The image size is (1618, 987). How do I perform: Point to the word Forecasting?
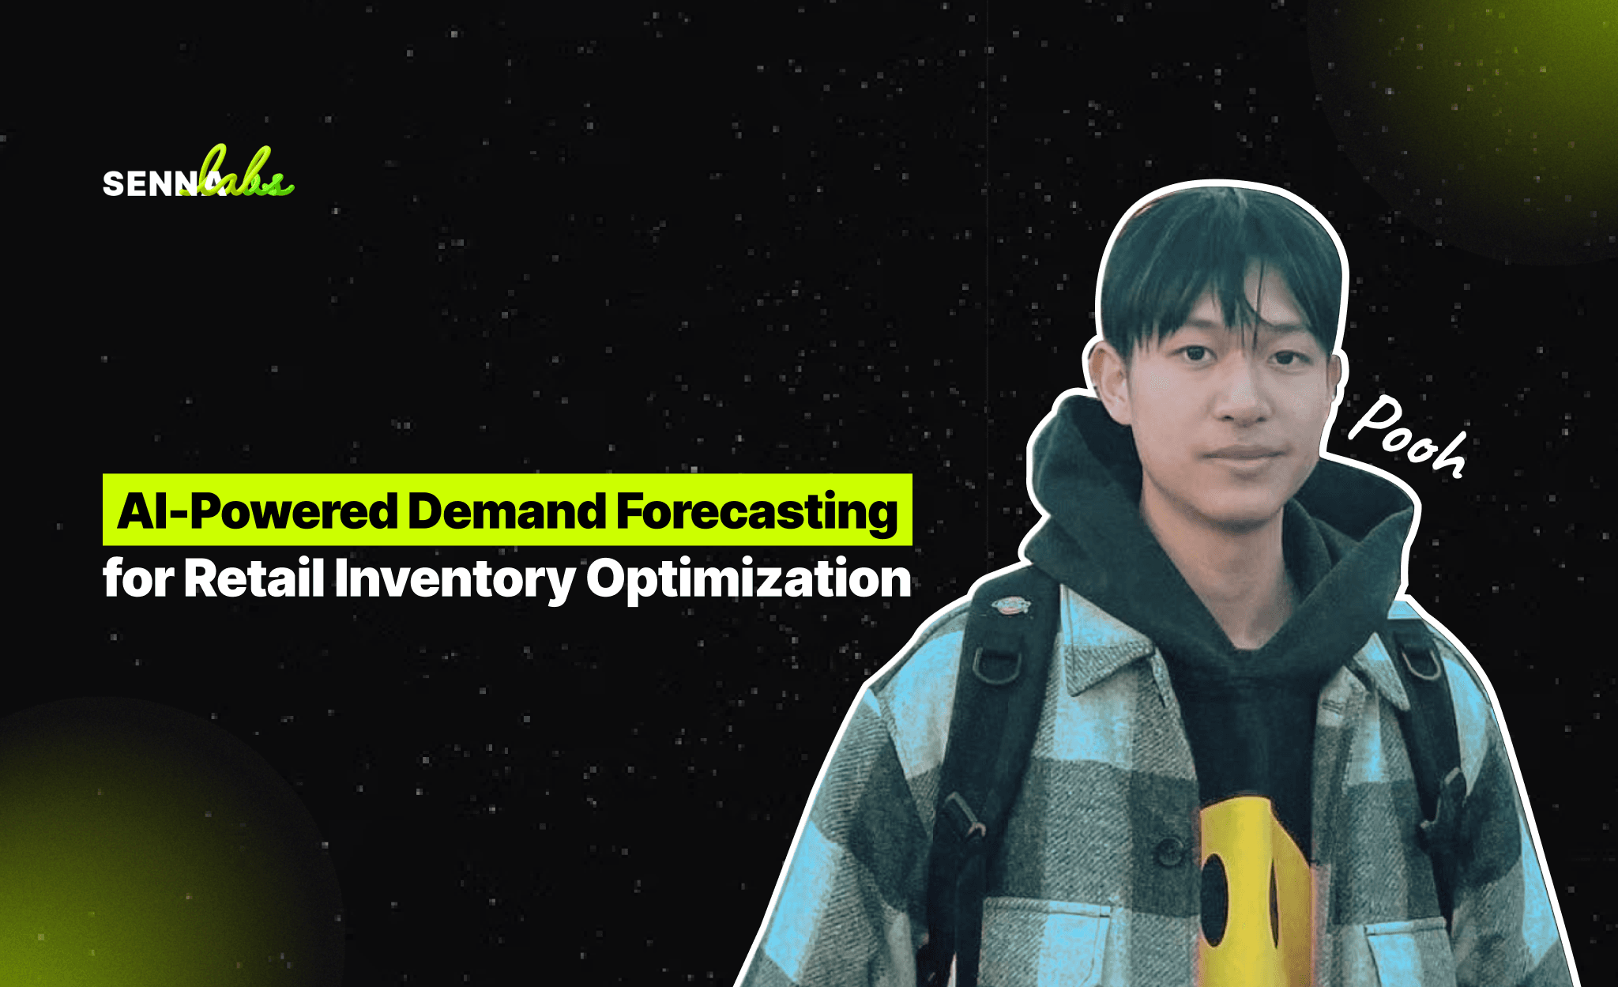757,513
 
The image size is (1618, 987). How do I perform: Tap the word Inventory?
454,579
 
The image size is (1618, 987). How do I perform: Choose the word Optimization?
748,579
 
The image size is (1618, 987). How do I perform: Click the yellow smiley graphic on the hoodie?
1252,885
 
